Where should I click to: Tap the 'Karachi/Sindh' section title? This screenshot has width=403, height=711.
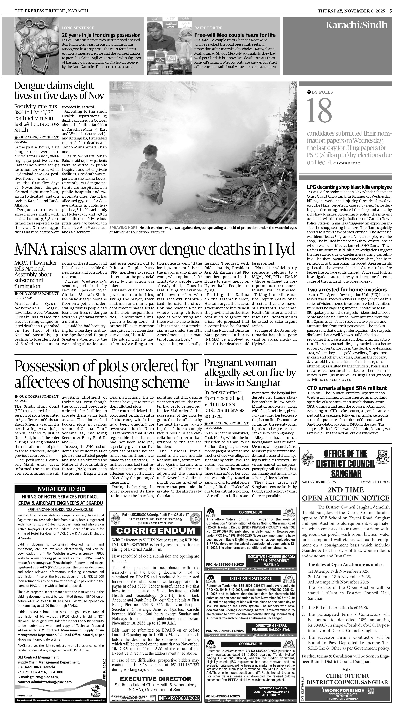point(356,25)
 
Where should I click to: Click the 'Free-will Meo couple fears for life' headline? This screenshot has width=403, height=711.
point(235,35)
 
